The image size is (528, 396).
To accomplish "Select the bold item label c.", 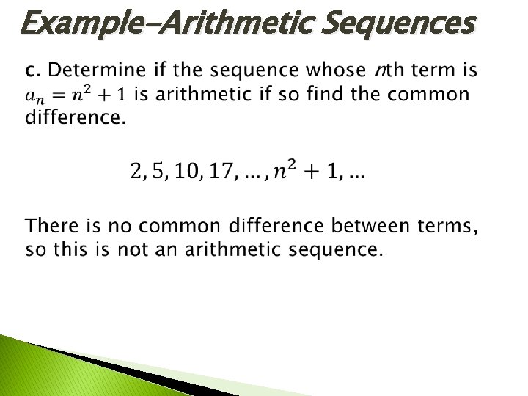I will tap(32, 71).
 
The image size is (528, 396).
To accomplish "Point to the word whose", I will tap(334, 71).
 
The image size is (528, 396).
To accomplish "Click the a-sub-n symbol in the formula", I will tap(34, 96).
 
